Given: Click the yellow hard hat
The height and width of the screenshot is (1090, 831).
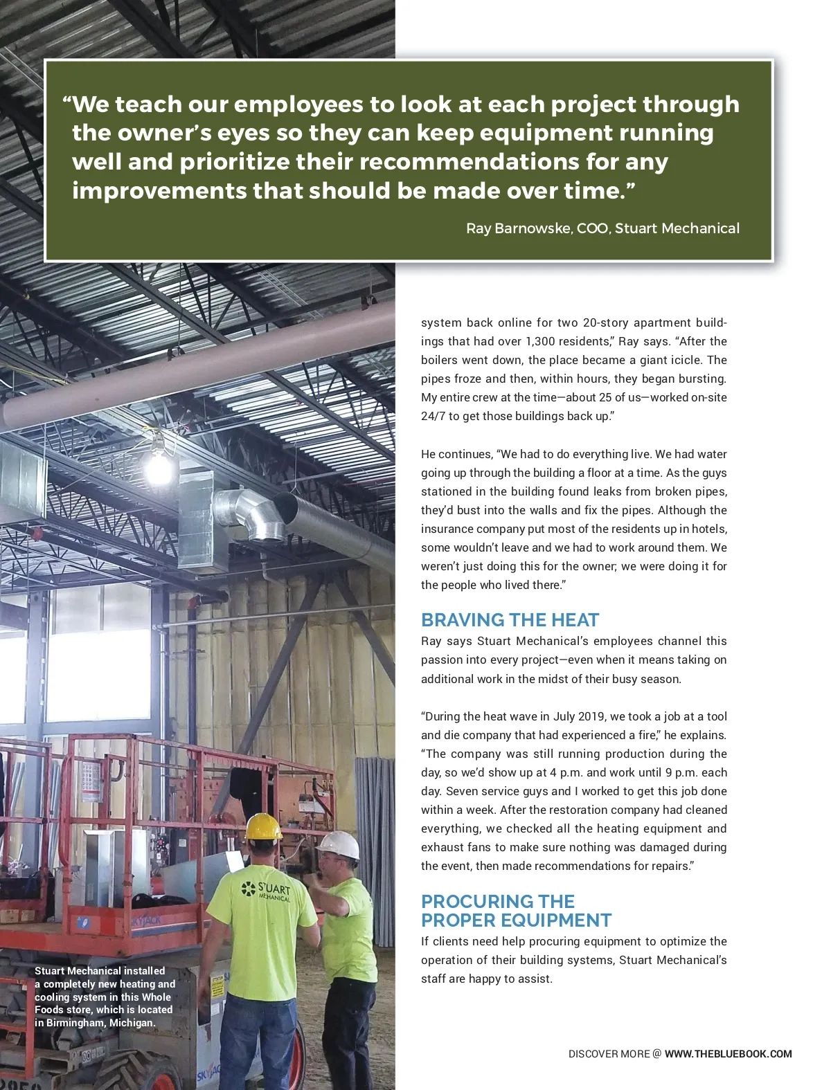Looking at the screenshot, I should pos(264,826).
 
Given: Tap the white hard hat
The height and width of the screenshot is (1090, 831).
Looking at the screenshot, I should pos(339,844).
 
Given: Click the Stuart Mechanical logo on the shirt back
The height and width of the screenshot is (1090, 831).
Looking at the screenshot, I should pos(267,891).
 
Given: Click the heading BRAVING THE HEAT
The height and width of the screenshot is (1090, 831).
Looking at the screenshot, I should pos(510,619).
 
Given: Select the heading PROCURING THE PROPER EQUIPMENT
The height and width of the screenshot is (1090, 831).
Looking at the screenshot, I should pos(516,911).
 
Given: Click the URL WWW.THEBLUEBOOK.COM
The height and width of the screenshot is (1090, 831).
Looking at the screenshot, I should pos(728,1054).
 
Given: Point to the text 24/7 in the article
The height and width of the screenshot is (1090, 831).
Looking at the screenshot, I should pos(433,416).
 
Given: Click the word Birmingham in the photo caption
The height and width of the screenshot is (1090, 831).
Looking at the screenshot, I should pos(75,1022).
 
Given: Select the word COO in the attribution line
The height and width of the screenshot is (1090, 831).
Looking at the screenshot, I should pos(593,228).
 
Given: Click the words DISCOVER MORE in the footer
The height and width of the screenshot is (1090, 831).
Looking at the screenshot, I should pos(609,1054).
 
